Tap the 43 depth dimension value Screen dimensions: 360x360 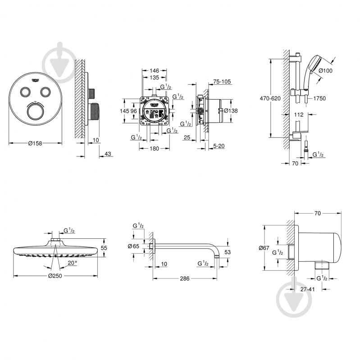coord(107,154)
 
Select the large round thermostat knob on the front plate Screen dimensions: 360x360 coord(35,112)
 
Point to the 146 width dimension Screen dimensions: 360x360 coord(155,71)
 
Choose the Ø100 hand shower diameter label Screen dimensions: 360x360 coord(325,70)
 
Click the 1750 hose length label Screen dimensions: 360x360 coord(319,98)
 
